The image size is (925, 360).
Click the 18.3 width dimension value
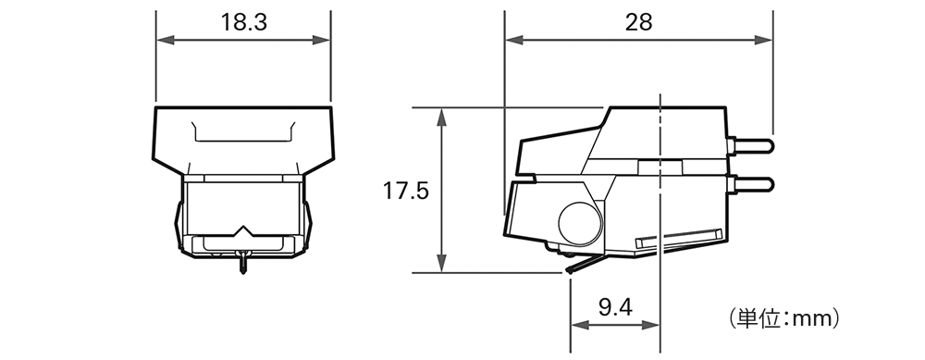243,22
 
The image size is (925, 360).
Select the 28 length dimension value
638,22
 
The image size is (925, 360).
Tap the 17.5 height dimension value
406,191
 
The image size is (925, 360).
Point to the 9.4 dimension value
615,307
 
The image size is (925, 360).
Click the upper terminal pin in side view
751,145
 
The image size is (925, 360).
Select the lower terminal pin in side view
751,185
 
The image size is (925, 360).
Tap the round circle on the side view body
580,223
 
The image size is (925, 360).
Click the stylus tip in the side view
568,271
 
